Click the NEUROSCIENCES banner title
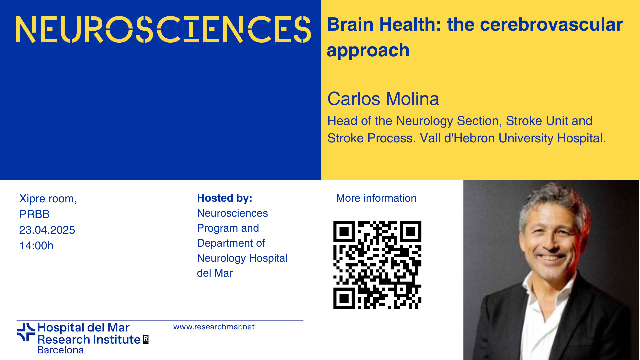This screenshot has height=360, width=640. point(163,29)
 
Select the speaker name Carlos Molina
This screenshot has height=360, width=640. point(383,99)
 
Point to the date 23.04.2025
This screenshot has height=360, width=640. point(47,230)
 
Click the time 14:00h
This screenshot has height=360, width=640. point(36,246)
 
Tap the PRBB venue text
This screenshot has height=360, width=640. point(34,214)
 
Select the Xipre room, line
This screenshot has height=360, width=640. point(48,199)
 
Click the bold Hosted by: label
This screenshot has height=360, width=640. point(225,198)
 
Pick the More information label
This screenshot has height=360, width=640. point(376,198)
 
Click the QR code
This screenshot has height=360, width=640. point(377,265)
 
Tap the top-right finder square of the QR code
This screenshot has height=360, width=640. point(411,231)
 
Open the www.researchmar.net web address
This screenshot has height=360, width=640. point(214,327)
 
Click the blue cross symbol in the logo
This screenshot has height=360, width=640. point(26,332)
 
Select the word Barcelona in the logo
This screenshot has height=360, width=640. point(60,350)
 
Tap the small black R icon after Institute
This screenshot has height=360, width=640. point(146,339)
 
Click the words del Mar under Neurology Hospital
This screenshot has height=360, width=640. point(215,273)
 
